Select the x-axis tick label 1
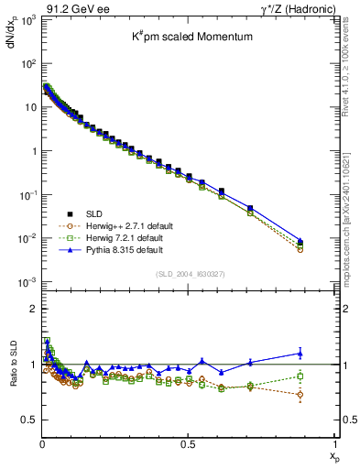[x=334, y=442]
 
